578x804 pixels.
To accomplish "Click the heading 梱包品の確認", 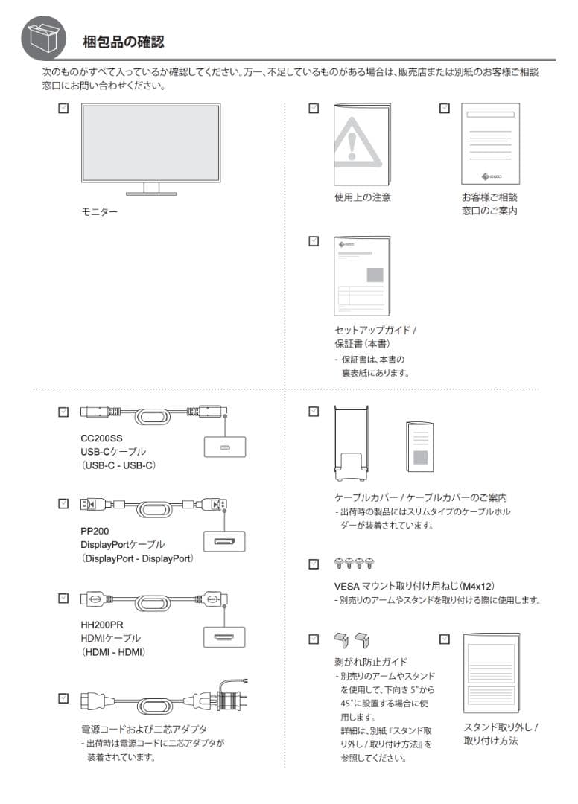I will point(123,42).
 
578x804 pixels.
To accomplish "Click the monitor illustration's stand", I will point(151,189).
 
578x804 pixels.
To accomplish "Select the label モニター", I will point(99,212).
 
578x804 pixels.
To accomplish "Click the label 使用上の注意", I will point(362,198).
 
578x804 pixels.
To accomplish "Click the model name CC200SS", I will point(101,438).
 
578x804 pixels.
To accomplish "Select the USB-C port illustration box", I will point(224,446).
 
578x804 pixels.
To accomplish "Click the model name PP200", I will point(95,532).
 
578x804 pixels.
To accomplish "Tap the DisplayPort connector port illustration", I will point(224,540).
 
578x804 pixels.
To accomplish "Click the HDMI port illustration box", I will point(224,636).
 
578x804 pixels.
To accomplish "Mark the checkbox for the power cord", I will point(63,698).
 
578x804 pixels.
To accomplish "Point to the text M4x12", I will point(477,587).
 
